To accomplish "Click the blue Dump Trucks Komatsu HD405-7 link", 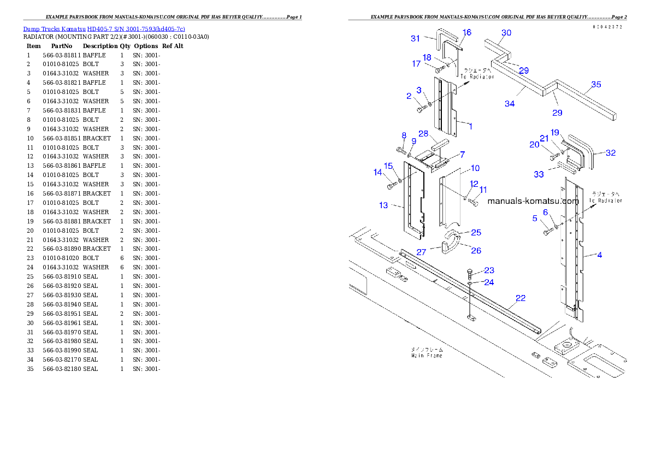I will tap(104, 29).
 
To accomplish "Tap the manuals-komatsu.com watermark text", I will tap(533, 201).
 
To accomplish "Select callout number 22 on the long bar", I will tap(521, 298).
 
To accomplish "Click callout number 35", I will tap(596, 85).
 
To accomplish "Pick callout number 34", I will tap(509, 104).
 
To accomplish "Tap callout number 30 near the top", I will tap(506, 33).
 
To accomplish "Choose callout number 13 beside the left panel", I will tap(383, 205).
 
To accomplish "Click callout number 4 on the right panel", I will tap(599, 255).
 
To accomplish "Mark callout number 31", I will tap(416, 38).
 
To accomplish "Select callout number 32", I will tap(611, 153).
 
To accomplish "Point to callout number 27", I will tap(421, 252).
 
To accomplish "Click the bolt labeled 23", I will tap(470, 273).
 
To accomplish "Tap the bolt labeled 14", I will tap(390, 186).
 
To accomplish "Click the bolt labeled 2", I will tap(419, 109).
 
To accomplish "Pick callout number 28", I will tap(423, 134).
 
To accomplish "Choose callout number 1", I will tap(470, 126).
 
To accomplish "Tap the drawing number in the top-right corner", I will tap(607, 27).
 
